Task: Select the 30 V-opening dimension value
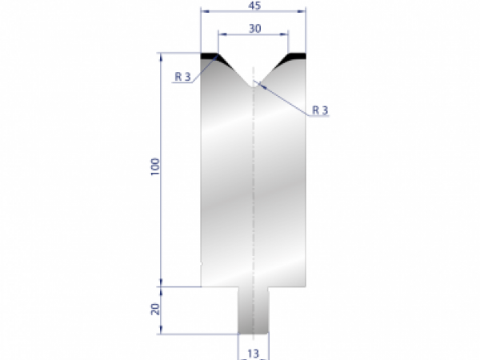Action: (254, 28)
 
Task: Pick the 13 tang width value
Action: (253, 353)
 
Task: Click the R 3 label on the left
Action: (182, 78)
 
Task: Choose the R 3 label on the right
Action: (320, 110)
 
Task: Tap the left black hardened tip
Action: (210, 56)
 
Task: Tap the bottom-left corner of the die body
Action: (201, 286)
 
